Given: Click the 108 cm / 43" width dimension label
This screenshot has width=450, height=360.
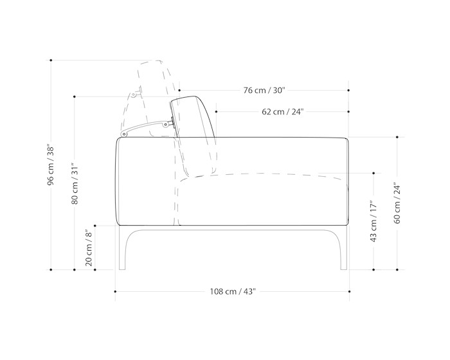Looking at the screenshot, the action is pos(233,292).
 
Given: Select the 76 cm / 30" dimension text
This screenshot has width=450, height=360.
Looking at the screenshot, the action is pos(264,91).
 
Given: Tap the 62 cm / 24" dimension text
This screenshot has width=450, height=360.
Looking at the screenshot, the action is pos(283,112).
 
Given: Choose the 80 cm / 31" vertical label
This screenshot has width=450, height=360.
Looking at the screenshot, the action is pos(75,183).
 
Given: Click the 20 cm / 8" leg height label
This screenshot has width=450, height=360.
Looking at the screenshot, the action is pos(89,248).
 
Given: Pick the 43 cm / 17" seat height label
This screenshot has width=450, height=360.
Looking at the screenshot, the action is pos(373,221).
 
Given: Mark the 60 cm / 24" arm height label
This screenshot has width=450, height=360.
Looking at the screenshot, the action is pos(397,203).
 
